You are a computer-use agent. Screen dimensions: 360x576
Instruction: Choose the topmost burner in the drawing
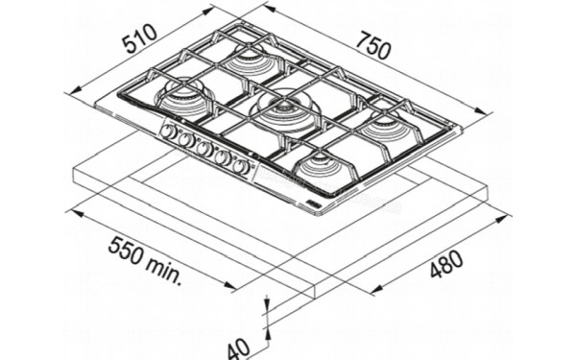click(x=255, y=60)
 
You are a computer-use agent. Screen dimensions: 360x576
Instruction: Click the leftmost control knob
click(x=170, y=132)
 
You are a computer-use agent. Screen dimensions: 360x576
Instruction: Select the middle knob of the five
click(x=204, y=148)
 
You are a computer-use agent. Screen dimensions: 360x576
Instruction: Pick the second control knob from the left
click(x=186, y=140)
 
